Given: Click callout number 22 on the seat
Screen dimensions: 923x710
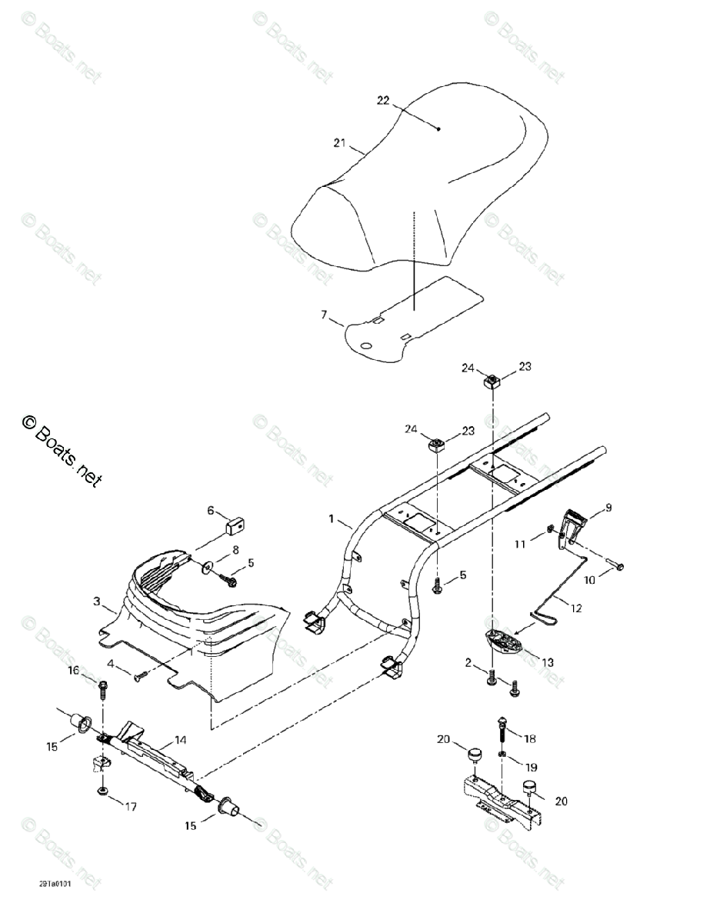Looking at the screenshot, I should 383,102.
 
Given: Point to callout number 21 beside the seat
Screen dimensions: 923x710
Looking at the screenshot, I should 340,142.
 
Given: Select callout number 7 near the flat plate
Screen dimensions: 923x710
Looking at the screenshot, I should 324,315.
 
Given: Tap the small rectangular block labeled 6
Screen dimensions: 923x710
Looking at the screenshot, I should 235,526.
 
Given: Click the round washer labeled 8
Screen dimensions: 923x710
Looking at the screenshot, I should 209,569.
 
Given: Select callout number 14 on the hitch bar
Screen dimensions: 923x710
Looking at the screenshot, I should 180,740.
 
